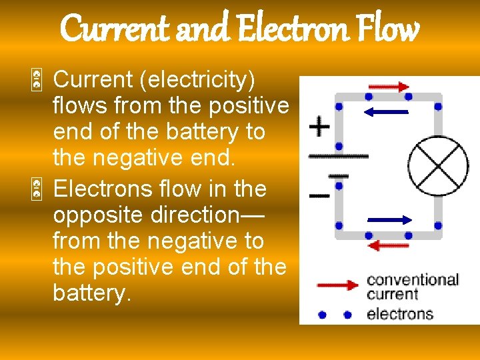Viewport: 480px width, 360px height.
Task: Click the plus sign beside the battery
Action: pos(320,127)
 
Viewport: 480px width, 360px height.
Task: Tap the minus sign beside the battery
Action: pos(319,196)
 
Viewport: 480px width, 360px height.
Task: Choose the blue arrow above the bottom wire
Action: pos(389,219)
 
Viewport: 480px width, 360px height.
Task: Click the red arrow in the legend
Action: pos(338,285)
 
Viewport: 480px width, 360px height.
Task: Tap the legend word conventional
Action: pos(413,280)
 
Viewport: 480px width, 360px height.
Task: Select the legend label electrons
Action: pos(400,313)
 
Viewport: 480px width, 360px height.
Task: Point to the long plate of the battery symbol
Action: pos(338,157)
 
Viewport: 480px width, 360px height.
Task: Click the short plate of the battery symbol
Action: pos(339,176)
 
